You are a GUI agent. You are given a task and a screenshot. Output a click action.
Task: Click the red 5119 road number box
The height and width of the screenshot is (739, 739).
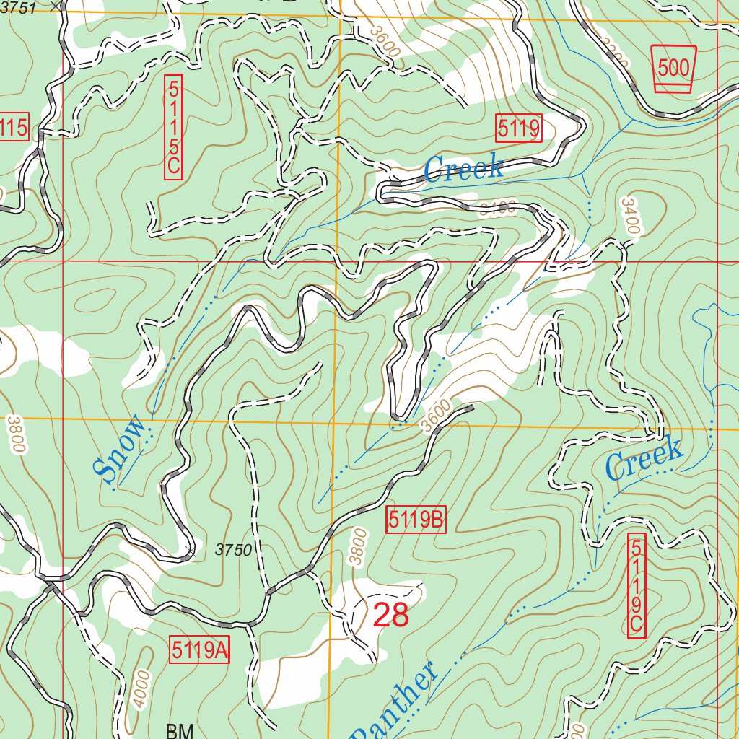[519, 129]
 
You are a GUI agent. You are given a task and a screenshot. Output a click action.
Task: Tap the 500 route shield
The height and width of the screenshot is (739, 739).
[673, 69]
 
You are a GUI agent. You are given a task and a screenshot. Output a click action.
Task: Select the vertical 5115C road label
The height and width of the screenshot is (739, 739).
[173, 127]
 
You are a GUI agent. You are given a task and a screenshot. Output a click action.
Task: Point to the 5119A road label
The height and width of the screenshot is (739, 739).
[200, 650]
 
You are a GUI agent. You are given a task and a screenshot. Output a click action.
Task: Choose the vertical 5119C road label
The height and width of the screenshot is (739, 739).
[636, 586]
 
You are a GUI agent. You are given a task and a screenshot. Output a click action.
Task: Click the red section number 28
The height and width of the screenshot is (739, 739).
[390, 615]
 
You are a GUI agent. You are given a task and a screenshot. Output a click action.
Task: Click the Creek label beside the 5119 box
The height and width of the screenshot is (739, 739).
[463, 168]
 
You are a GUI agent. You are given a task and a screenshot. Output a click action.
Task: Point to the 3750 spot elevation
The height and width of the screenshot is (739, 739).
[233, 551]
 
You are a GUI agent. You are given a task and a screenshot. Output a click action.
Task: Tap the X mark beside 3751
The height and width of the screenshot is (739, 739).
[59, 4]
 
